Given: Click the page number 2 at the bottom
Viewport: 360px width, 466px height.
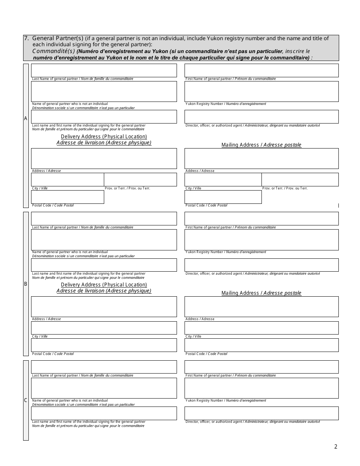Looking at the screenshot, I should tap(335, 446).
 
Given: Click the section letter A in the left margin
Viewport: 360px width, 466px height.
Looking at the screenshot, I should tap(26, 119).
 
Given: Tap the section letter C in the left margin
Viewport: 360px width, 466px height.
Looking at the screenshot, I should tap(26, 400).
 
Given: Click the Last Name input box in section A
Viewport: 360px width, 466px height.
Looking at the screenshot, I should tap(104, 70).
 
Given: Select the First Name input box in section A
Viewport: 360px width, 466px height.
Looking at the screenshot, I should tap(261, 70).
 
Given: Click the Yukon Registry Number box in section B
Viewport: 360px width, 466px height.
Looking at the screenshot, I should tap(261, 239).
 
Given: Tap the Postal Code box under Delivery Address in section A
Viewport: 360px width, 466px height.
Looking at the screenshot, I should tap(67, 197).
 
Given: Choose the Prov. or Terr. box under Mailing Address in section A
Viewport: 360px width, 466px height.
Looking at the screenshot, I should tap(300, 180).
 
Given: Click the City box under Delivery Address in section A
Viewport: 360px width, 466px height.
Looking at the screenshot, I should tap(67, 180).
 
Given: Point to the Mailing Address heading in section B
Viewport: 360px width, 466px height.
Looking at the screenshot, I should tap(261, 293).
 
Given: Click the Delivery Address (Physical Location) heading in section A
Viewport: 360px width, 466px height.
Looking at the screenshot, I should tap(104, 136).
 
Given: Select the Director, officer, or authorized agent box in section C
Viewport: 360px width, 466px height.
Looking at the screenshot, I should tap(261, 413).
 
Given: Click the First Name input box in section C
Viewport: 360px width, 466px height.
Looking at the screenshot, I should tap(261, 367).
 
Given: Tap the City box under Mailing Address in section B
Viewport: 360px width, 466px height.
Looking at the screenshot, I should tap(261, 328).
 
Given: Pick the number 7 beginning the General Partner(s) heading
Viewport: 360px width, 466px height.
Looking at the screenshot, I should tap(26, 38).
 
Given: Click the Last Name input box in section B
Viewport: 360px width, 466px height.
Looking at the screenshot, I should tap(104, 219).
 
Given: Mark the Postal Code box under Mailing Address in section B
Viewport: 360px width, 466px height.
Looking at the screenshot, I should tap(261, 345).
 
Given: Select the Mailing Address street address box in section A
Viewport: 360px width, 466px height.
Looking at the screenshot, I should tap(261, 158).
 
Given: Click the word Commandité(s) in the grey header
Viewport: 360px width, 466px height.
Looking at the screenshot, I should tap(53, 51).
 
